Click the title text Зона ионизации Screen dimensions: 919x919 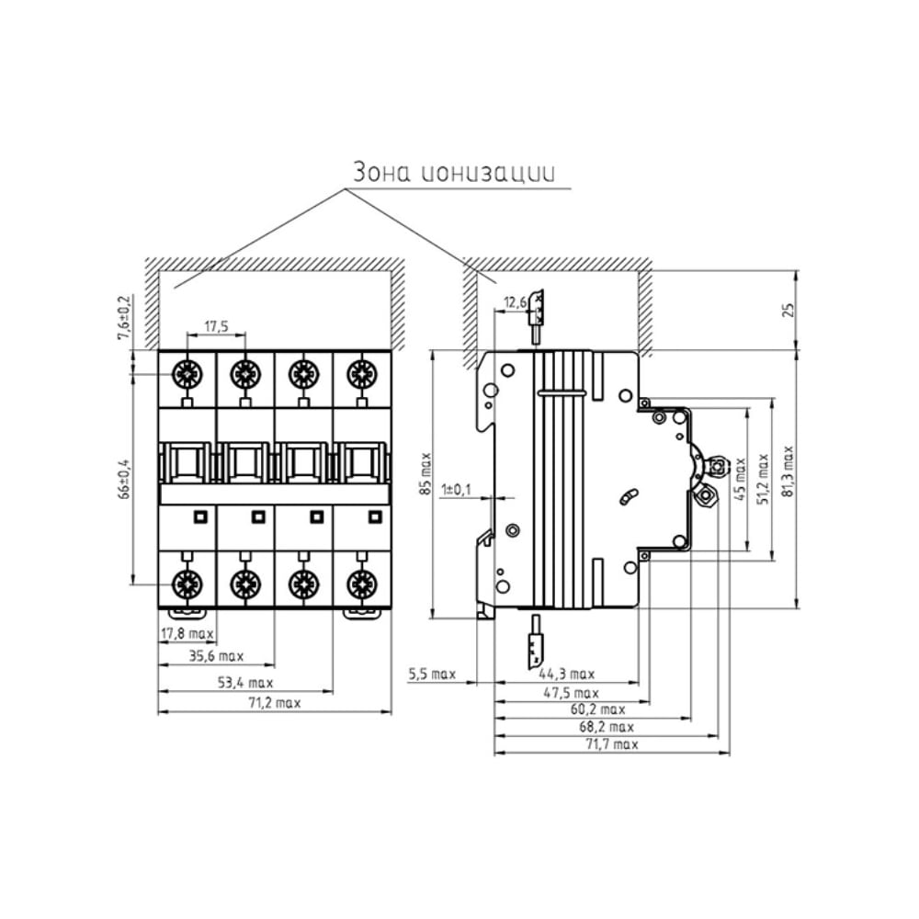tap(453, 173)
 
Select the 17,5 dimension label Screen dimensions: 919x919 tap(216, 326)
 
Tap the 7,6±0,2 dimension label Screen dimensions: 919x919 tap(125, 316)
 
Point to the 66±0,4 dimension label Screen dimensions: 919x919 tap(125, 478)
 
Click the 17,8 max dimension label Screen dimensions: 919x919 tap(187, 633)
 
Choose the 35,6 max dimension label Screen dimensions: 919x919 tap(216, 656)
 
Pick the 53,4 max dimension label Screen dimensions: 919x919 tap(246, 683)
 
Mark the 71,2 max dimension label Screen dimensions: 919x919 tap(274, 703)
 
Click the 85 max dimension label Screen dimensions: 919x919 tap(426, 473)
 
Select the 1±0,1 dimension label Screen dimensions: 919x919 tap(456, 490)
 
